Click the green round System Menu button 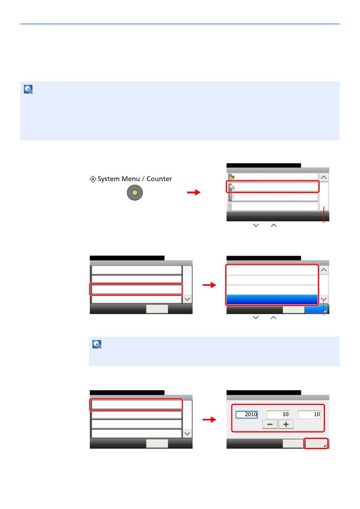click(135, 193)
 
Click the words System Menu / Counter click(135, 179)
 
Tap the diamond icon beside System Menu click(93, 179)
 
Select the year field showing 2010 click(246, 414)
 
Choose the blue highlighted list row click(272, 299)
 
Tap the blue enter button click(317, 310)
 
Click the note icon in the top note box click(28, 89)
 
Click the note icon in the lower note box click(97, 344)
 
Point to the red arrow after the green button click(194, 192)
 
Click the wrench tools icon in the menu click(232, 197)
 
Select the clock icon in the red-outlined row click(232, 187)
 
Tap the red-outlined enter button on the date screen click(316, 443)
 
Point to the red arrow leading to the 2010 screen click(209, 420)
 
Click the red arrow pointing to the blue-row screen click(209, 285)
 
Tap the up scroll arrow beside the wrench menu click(324, 177)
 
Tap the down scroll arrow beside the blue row click(324, 299)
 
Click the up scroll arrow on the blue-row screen click(324, 270)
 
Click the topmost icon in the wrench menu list click(232, 177)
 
